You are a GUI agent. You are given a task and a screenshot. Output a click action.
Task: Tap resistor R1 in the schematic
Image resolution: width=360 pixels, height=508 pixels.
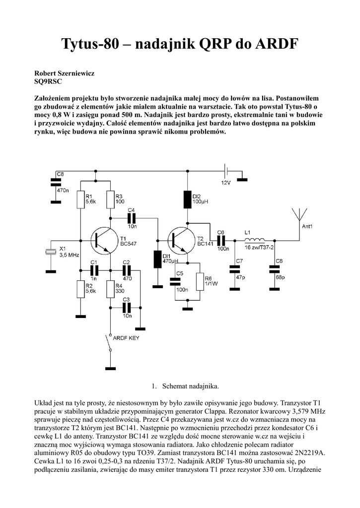[x=80, y=199]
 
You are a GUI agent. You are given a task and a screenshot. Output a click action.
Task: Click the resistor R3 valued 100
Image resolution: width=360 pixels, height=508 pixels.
[x=110, y=199]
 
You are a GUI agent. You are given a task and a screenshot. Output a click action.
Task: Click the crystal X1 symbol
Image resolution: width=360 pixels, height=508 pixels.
[x=50, y=252]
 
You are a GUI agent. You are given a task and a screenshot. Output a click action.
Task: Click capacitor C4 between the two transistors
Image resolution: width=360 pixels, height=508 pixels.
[x=132, y=218]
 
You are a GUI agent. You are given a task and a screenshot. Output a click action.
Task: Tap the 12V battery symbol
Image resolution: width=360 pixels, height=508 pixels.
[x=226, y=172]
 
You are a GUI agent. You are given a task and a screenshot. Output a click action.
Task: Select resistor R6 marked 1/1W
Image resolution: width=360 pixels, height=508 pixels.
[x=200, y=282]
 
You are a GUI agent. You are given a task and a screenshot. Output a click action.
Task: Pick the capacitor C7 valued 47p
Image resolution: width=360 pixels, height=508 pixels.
[x=233, y=269]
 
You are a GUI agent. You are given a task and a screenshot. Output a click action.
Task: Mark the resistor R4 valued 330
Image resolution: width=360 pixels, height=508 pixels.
[x=110, y=289]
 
